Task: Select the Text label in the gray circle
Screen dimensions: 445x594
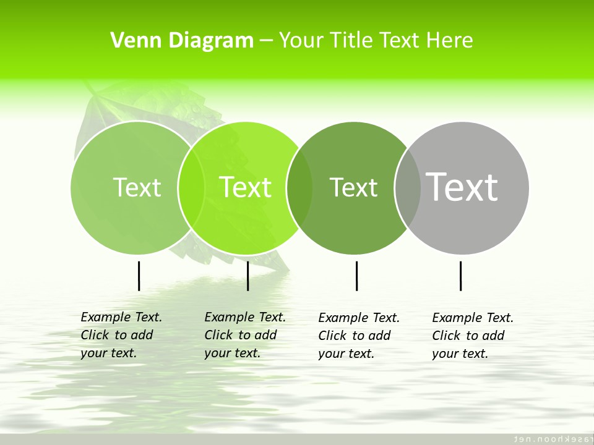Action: point(462,187)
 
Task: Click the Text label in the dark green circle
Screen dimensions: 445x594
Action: point(353,187)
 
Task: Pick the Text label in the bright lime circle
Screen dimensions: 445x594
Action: point(245,187)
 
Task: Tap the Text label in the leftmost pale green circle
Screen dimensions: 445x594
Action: point(137,187)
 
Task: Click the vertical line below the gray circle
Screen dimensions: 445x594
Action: point(460,276)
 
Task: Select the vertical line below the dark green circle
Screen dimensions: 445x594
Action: point(356,276)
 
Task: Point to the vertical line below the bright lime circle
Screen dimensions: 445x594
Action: point(247,276)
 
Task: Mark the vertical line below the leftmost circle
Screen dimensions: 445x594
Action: point(139,276)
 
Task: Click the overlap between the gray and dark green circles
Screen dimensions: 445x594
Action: point(407,187)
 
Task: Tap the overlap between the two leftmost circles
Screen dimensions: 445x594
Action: point(191,187)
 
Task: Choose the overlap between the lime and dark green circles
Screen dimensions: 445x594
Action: point(299,187)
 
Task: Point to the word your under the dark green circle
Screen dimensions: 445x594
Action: point(331,354)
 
